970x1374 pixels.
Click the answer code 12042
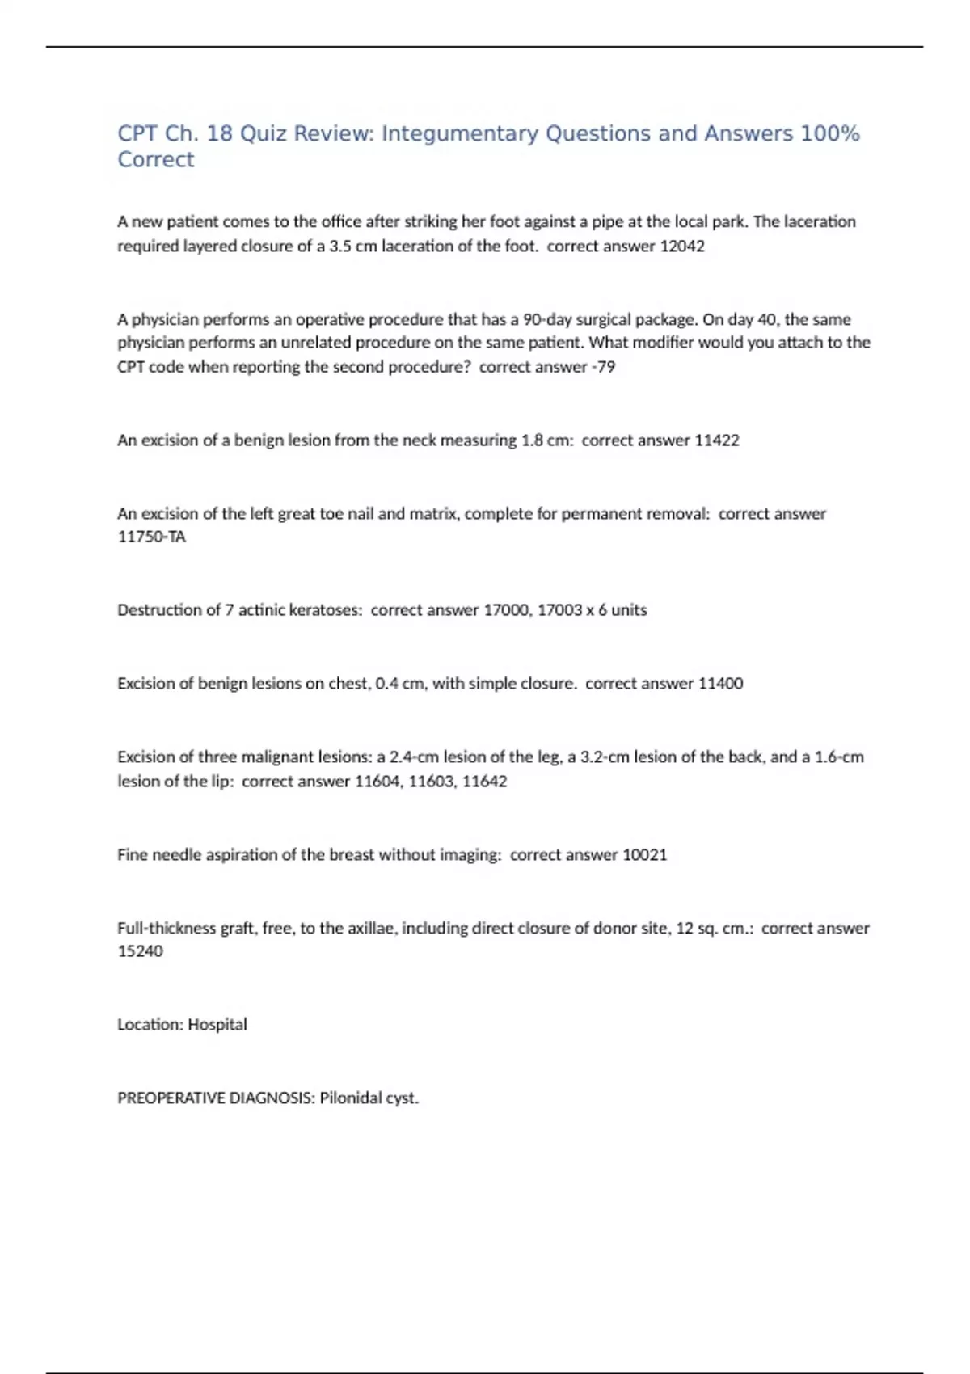pyautogui.click(x=682, y=246)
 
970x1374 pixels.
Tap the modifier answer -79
pyautogui.click(x=603, y=367)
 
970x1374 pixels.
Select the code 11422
pyautogui.click(x=717, y=440)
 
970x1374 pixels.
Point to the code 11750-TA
pyautogui.click(x=152, y=537)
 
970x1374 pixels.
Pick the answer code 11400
pyautogui.click(x=720, y=684)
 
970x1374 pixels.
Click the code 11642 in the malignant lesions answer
pyautogui.click(x=484, y=782)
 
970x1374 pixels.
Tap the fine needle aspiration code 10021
pyautogui.click(x=645, y=855)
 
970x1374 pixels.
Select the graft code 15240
pyautogui.click(x=141, y=951)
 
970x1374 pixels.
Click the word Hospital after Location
pyautogui.click(x=217, y=1025)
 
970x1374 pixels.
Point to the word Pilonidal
pyautogui.click(x=350, y=1098)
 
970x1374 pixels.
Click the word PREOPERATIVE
pyautogui.click(x=171, y=1098)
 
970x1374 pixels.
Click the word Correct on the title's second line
pyautogui.click(x=156, y=160)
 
